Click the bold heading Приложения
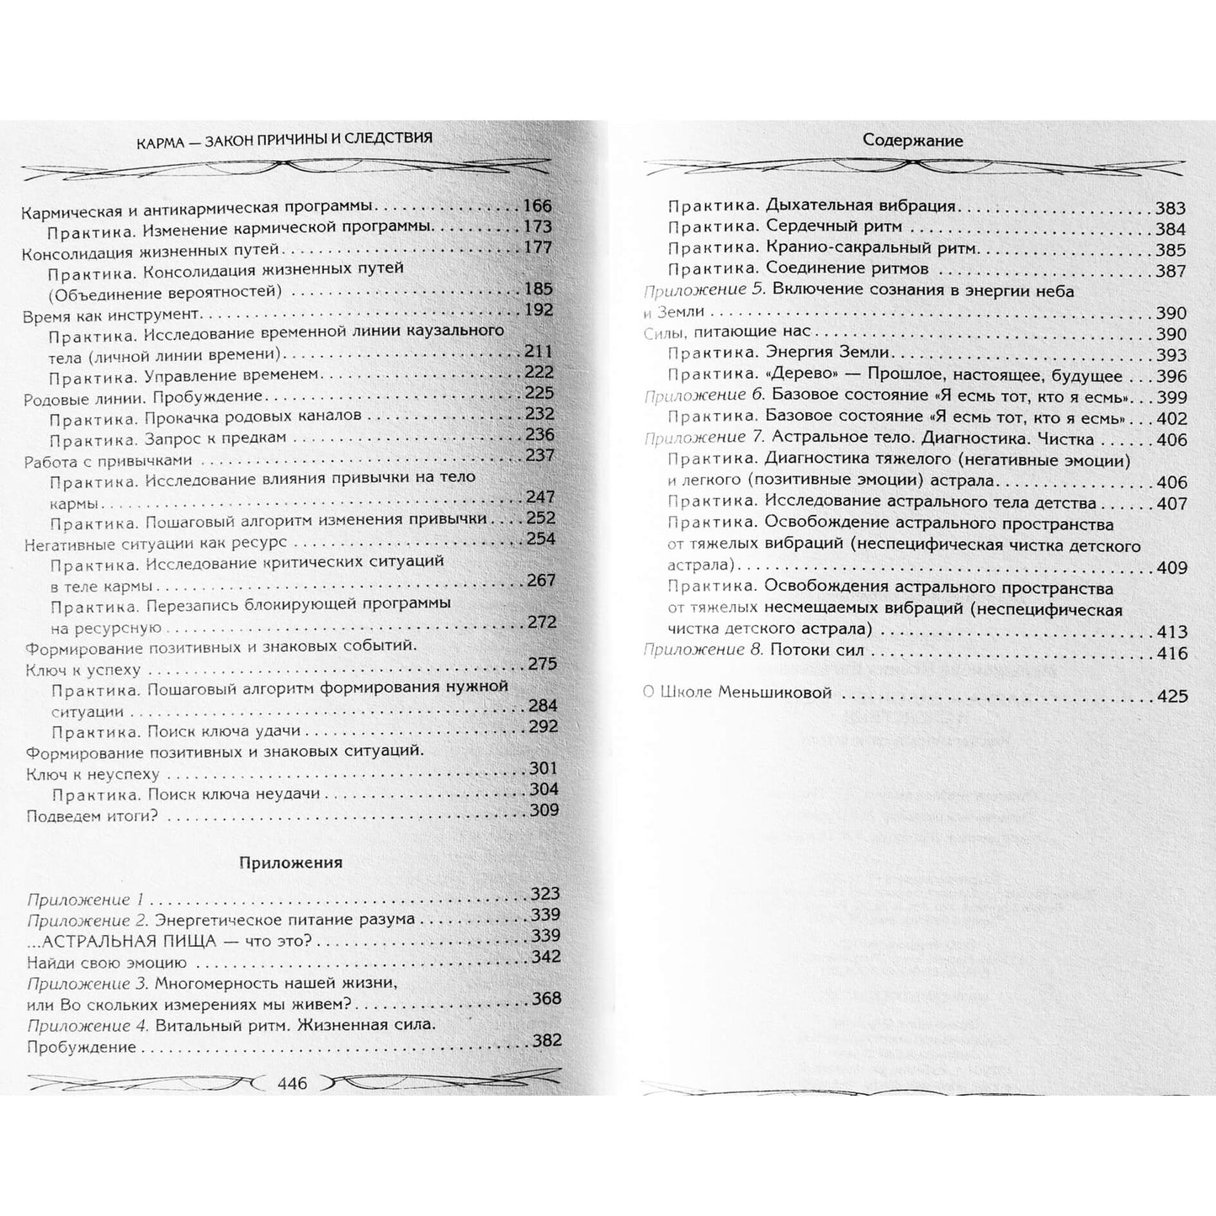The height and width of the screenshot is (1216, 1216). (291, 862)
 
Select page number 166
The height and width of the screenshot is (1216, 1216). (537, 206)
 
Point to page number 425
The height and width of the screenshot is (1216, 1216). (1171, 696)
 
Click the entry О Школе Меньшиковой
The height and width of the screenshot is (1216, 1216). (736, 693)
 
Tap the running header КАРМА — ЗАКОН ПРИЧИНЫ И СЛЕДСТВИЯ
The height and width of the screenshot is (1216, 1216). (284, 138)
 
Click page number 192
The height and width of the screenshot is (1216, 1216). (538, 310)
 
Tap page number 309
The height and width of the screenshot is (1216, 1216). (544, 810)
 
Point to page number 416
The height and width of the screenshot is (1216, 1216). (1171, 653)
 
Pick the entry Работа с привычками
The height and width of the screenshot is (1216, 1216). (109, 460)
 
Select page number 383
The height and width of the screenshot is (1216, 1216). (1170, 209)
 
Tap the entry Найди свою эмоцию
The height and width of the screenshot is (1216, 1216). (107, 962)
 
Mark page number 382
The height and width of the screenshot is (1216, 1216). (546, 1040)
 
